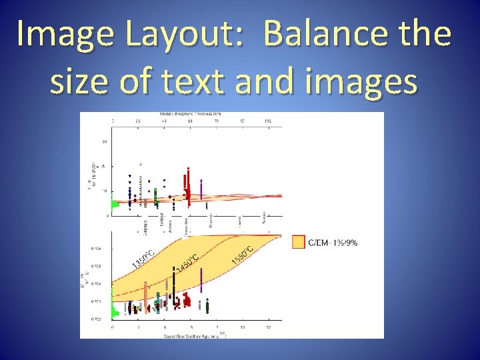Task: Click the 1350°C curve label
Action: point(143,260)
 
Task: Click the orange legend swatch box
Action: point(298,242)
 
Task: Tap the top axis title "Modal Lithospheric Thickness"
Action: point(190,115)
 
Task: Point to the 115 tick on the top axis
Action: point(268,121)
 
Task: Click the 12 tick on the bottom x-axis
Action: point(268,327)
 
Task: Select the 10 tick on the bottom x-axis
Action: point(242,327)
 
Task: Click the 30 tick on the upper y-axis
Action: point(105,141)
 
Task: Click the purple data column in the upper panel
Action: point(201,190)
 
